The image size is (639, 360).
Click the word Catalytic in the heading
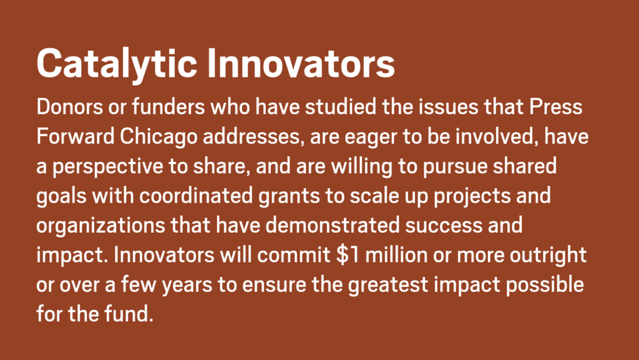[117, 64]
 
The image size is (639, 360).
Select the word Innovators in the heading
[301, 63]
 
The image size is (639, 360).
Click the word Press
[556, 107]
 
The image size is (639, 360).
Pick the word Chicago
[159, 137]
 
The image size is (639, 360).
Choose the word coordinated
[197, 196]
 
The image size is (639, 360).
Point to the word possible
[545, 285]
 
